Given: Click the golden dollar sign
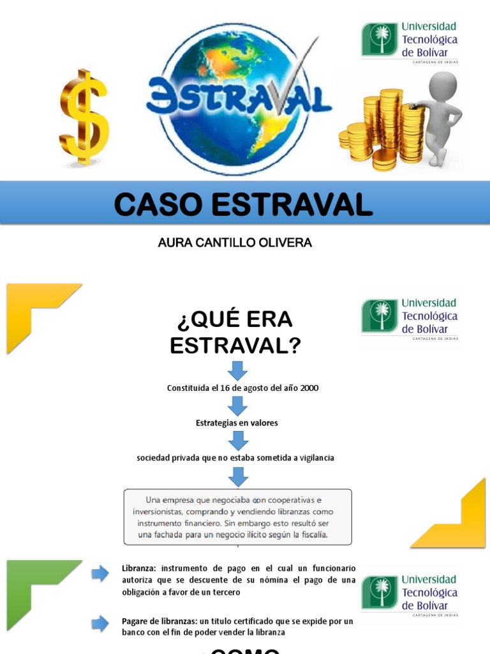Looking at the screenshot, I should pyautogui.click(x=84, y=118).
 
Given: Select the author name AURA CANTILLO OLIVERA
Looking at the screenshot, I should pyautogui.click(x=234, y=243).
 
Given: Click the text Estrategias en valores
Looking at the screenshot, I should pyautogui.click(x=237, y=423).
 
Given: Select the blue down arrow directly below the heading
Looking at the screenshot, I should pyautogui.click(x=237, y=370).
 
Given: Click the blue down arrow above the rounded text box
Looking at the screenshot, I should pyautogui.click(x=237, y=476).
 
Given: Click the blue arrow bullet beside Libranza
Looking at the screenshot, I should pyautogui.click(x=100, y=574).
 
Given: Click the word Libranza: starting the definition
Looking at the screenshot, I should pyautogui.click(x=138, y=568).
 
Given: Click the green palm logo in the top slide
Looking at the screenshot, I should pyautogui.click(x=380, y=39).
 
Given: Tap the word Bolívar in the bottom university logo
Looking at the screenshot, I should pyautogui.click(x=433, y=605).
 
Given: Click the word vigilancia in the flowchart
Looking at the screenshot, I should pyautogui.click(x=313, y=458).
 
